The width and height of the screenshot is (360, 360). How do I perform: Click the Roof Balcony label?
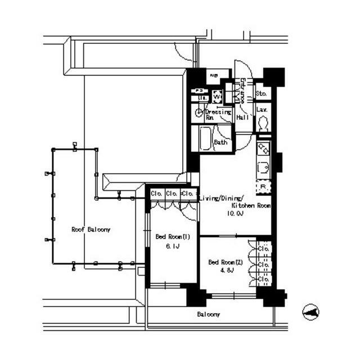pos(91,229)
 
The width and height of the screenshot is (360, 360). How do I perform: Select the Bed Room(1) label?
pos(173,237)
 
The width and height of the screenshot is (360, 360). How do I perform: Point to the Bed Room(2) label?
pos(225,262)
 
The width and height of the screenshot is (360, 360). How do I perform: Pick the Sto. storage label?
pos(261,93)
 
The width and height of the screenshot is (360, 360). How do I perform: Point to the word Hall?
pos(242,118)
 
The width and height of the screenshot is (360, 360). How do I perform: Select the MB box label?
pos(214,75)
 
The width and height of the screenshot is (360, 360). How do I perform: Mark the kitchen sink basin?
pos(263,166)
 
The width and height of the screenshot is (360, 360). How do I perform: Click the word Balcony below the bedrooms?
pos(208,314)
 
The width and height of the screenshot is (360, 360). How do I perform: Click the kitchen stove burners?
pos(263,149)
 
